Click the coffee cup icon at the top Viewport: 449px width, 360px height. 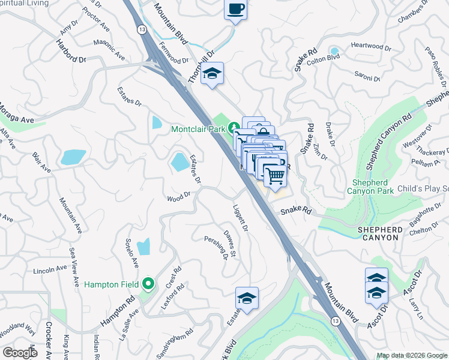(235, 10)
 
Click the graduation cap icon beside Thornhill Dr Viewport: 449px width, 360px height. (212, 74)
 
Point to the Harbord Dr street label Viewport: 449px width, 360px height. (71, 52)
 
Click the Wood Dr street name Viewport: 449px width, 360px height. (178, 197)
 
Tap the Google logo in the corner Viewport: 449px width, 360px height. (19, 353)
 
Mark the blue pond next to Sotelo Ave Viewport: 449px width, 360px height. (143, 247)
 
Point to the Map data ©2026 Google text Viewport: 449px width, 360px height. (412, 355)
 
